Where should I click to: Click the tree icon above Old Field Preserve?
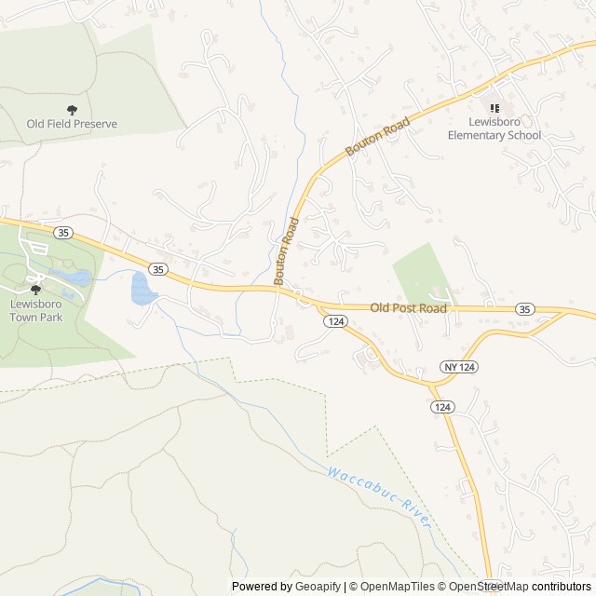[x=72, y=110]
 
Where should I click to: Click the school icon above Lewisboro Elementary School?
[x=494, y=107]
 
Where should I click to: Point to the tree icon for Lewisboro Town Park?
[x=36, y=290]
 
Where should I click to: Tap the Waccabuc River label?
[x=380, y=498]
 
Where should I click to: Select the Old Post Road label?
[x=409, y=306]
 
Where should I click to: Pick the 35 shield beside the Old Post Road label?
[x=525, y=308]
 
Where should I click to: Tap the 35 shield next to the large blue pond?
[x=158, y=269]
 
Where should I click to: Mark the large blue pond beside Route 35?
[x=142, y=289]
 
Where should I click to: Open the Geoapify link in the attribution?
[x=318, y=587]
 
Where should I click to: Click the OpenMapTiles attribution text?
[x=391, y=587]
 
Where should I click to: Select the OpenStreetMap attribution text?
[x=487, y=587]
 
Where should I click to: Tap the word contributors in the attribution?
[x=562, y=587]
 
